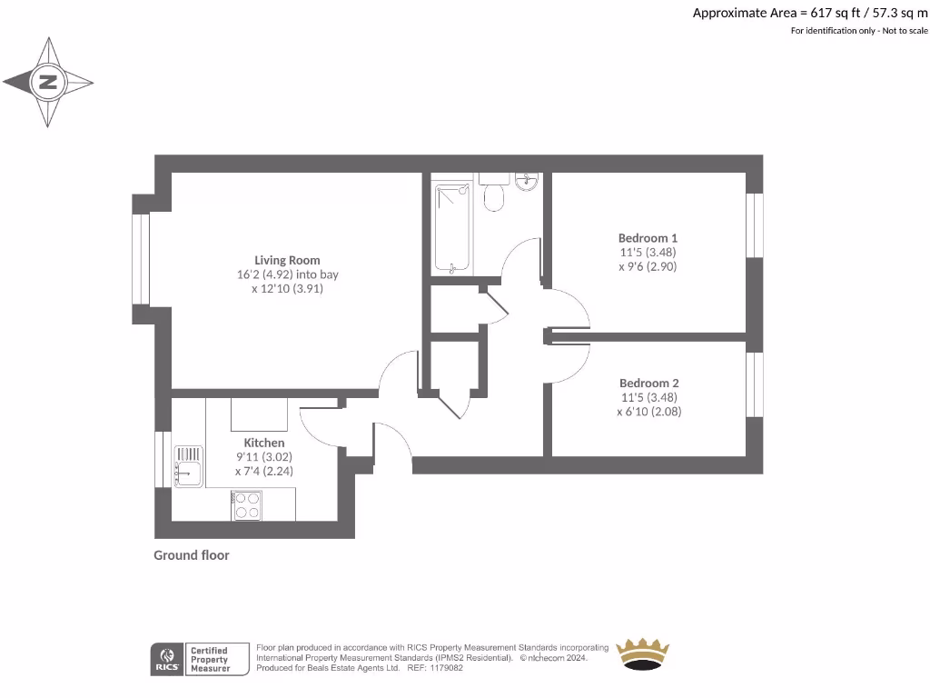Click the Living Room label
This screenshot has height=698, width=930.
[x=287, y=260]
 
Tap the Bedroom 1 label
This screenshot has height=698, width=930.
[x=648, y=238]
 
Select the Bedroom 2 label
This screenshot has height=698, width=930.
[x=648, y=384]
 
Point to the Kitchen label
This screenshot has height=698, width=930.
[x=263, y=443]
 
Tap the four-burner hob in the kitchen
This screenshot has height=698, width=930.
[x=247, y=504]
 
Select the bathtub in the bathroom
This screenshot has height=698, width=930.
[x=452, y=227]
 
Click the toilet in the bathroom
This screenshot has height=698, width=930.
[x=494, y=194]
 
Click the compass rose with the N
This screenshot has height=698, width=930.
[x=48, y=83]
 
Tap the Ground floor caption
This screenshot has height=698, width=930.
[x=192, y=555]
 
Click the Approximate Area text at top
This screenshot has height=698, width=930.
[x=810, y=13]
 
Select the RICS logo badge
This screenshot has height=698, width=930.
[x=167, y=659]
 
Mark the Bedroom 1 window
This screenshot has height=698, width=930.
[x=754, y=225]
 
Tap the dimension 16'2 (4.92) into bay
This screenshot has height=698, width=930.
[x=287, y=274]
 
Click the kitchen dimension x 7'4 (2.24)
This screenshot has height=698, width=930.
[x=263, y=472]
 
